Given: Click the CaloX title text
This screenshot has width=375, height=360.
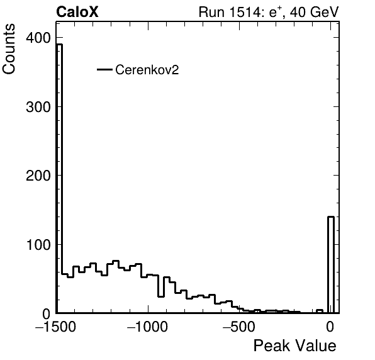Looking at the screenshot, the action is pyautogui.click(x=77, y=12).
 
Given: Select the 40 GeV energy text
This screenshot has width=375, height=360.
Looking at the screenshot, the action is pyautogui.click(x=314, y=12).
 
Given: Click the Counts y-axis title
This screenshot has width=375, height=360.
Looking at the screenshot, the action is pyautogui.click(x=9, y=49).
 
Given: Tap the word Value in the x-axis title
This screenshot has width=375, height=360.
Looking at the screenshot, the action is pyautogui.click(x=316, y=346).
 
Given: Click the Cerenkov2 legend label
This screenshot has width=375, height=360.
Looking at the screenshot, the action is pyautogui.click(x=147, y=70).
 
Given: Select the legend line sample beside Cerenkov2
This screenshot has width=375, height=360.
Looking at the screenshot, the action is pyautogui.click(x=104, y=70).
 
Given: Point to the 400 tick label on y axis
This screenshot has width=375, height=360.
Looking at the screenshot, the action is pyautogui.click(x=38, y=38).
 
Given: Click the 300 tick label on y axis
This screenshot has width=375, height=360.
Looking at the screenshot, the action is pyautogui.click(x=38, y=107).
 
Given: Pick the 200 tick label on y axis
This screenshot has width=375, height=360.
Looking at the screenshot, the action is pyautogui.click(x=38, y=176).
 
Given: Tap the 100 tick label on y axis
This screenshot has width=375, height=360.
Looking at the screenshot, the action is pyautogui.click(x=38, y=244).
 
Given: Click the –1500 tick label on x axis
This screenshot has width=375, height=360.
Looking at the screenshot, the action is pyautogui.click(x=56, y=327).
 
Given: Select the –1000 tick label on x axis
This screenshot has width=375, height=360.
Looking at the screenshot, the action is pyautogui.click(x=148, y=327).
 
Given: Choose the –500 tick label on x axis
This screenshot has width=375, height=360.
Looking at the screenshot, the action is pyautogui.click(x=239, y=327).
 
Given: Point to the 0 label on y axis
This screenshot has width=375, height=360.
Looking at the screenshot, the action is pyautogui.click(x=47, y=313).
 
